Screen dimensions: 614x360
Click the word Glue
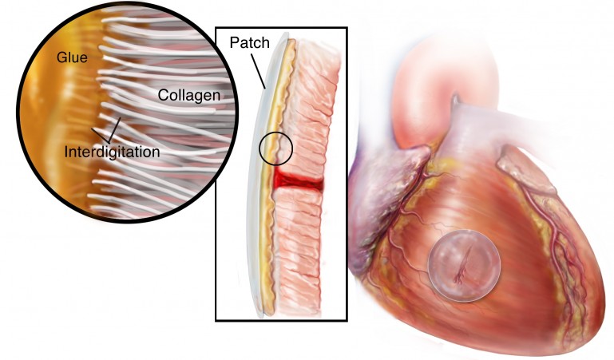(72, 57)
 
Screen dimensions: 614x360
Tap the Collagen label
(189, 95)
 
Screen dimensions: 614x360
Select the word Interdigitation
(112, 152)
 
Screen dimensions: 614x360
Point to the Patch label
(249, 42)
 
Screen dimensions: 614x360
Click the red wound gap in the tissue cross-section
(299, 180)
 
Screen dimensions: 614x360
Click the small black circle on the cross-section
(275, 148)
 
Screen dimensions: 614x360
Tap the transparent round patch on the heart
(464, 266)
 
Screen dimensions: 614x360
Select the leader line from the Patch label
(259, 71)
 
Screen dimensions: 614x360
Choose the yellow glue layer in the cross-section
(276, 176)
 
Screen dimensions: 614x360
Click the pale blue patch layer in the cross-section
(260, 176)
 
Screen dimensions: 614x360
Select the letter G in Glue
(61, 57)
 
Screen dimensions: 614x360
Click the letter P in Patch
(234, 42)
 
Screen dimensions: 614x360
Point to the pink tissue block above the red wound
(308, 109)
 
